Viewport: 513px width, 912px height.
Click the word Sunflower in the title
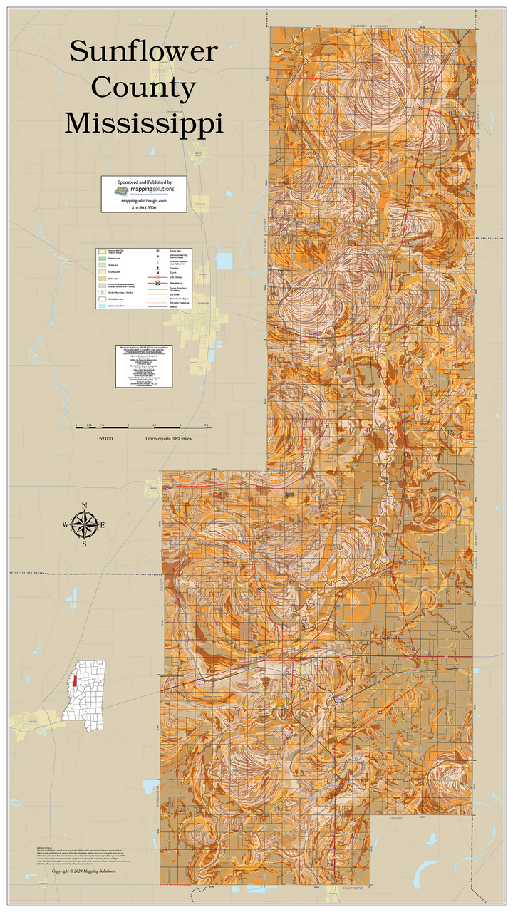[x=142, y=52]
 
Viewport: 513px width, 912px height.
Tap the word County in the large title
[x=144, y=88]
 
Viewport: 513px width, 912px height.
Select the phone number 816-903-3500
[x=144, y=207]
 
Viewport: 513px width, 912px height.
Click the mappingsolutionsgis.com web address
[x=144, y=201]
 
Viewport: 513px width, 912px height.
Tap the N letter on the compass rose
[x=85, y=507]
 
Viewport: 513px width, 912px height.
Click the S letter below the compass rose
[x=84, y=544]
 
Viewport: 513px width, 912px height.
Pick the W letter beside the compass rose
[x=66, y=526]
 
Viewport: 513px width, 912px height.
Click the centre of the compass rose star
[x=85, y=526]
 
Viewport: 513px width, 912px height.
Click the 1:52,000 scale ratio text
[x=104, y=439]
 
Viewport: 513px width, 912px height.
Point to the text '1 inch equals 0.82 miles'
[x=169, y=439]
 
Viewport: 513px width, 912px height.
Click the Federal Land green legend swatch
[x=103, y=259]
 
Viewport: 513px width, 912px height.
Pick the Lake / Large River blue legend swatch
[x=103, y=305]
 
